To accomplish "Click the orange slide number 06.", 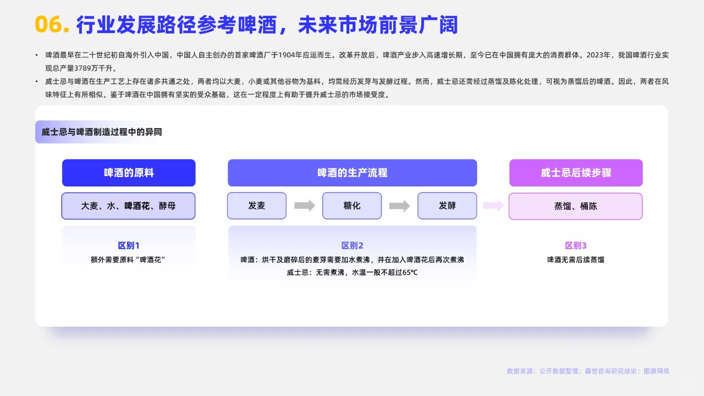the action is tap(52, 25).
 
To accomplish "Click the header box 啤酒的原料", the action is tap(129, 173).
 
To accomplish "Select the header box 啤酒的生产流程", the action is tap(352, 173).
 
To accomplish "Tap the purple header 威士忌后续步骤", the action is tap(576, 173).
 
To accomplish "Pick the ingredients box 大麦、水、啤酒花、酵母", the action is tap(129, 206).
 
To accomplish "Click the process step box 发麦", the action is tap(257, 206).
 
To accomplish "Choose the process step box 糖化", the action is tap(352, 206).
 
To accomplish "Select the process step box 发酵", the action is tap(447, 206).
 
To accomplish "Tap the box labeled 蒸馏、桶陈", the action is tap(576, 206).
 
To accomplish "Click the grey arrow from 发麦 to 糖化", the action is tap(305, 206).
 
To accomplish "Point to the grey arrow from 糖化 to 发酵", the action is tap(400, 206).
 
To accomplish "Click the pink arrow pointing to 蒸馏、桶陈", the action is tap(493, 206).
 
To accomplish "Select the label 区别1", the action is tap(129, 246).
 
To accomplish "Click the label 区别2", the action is tap(352, 246).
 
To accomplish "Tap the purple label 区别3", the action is tap(576, 246).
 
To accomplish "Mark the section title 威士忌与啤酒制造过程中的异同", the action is tap(102, 132).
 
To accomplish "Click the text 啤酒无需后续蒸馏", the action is tap(576, 260).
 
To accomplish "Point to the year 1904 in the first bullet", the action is tap(289, 55).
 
